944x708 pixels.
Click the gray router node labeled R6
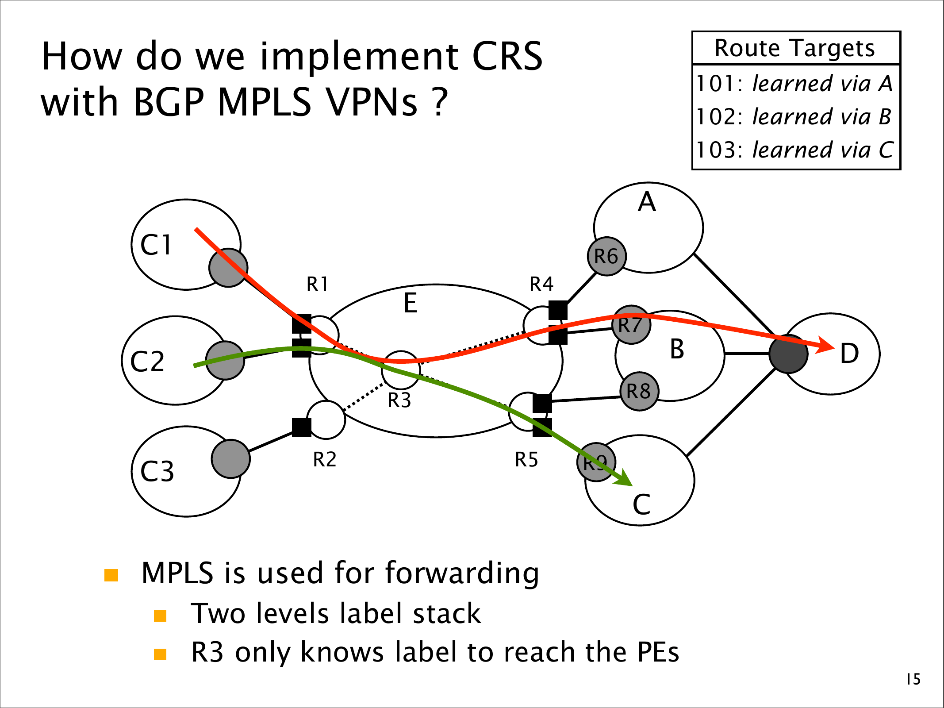coord(606,256)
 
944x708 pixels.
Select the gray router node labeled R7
coord(631,324)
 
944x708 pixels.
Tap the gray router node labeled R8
coord(639,391)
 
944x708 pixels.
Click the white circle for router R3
coord(401,370)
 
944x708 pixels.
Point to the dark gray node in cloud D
coord(788,354)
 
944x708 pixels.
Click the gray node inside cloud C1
coord(228,268)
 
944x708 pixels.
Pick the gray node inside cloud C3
coord(230,459)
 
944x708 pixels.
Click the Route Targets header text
coord(795,48)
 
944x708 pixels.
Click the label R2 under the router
coord(325,459)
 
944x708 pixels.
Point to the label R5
coord(526,459)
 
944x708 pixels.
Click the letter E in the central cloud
coord(411,304)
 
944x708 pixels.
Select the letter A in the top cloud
coord(647,202)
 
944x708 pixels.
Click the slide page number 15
coord(913,679)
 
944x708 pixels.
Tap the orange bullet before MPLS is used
coord(111,575)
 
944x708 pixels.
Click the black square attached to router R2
coord(302,427)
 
